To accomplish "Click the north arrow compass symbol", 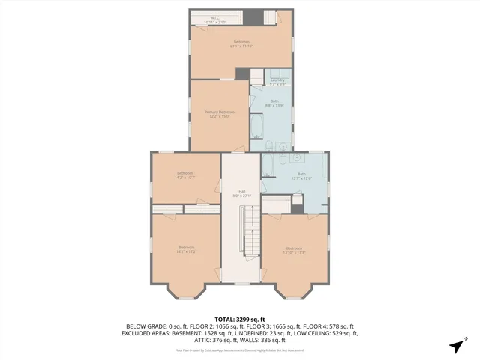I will pyautogui.click(x=456, y=346).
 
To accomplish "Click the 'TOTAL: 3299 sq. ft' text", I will pyautogui.click(x=240, y=319).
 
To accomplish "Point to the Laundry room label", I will pyautogui.click(x=277, y=80).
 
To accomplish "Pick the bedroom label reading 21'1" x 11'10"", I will pyautogui.click(x=241, y=43).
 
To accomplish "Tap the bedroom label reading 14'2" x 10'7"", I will pyautogui.click(x=185, y=177).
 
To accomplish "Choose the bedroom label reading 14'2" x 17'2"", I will pyautogui.click(x=186, y=249).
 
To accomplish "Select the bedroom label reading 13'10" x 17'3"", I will pyautogui.click(x=293, y=250).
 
